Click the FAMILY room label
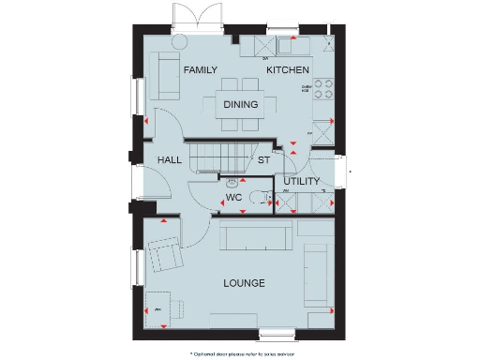point(200,70)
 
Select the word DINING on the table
point(240,105)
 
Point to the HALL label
point(170,160)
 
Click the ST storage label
point(264,160)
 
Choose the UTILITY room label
point(302,181)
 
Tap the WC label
point(234,198)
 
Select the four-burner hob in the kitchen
point(324,88)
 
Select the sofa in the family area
point(166,76)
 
